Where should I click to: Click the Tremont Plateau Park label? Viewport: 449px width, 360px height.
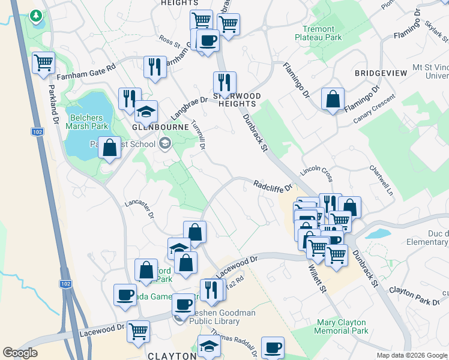318,32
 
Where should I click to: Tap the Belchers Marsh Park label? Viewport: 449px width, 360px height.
88,122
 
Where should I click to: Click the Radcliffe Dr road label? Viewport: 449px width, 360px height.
271,185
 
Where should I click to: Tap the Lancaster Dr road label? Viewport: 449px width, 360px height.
139,208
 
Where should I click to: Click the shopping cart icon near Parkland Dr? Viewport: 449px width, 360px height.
44,62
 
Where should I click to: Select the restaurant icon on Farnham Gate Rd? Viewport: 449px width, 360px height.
155,67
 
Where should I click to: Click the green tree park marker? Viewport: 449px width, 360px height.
36,15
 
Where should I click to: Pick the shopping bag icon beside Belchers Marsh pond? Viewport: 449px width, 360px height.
110,147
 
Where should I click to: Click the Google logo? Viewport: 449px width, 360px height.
20,353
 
